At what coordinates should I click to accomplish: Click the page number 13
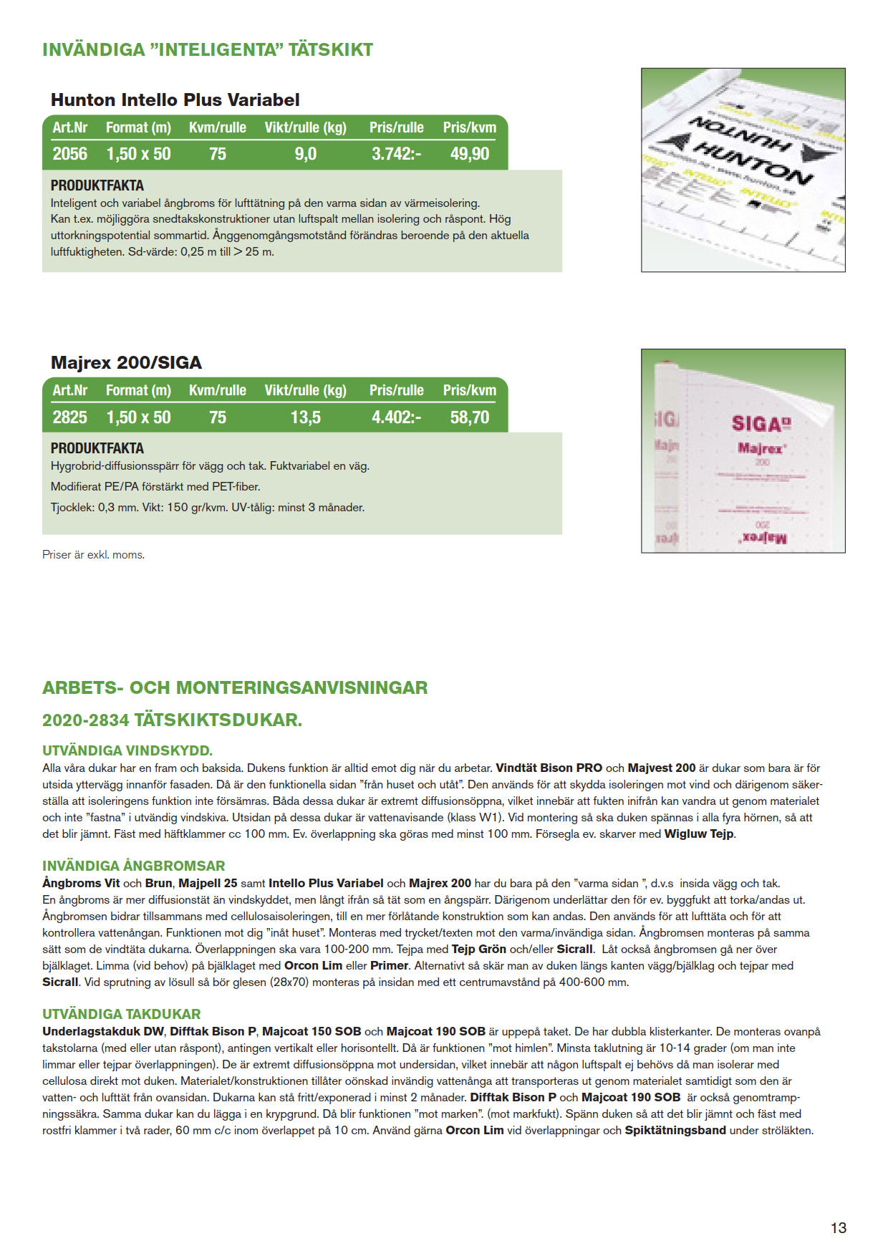point(838,1228)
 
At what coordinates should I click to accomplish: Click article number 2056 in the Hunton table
point(69,154)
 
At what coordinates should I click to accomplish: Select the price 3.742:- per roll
point(396,154)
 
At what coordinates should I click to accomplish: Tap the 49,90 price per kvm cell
point(470,154)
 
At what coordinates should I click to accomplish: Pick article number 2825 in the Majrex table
point(69,417)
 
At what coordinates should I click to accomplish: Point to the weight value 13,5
point(305,417)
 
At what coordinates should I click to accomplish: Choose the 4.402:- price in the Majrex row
point(396,417)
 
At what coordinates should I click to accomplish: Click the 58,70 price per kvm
point(470,417)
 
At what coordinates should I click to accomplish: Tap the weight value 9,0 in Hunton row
point(305,154)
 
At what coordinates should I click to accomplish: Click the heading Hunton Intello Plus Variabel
point(175,100)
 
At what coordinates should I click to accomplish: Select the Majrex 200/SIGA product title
point(126,363)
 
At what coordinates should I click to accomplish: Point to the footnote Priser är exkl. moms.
point(93,555)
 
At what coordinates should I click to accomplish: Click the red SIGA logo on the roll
point(761,424)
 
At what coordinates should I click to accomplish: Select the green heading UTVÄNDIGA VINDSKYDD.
point(127,751)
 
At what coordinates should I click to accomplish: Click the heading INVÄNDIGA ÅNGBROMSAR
point(133,866)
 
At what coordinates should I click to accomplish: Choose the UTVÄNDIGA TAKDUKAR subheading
point(121,1015)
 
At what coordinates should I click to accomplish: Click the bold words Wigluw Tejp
point(699,834)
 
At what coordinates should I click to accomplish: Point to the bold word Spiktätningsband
point(675,1131)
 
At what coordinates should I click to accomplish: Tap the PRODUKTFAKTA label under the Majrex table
point(97,449)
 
